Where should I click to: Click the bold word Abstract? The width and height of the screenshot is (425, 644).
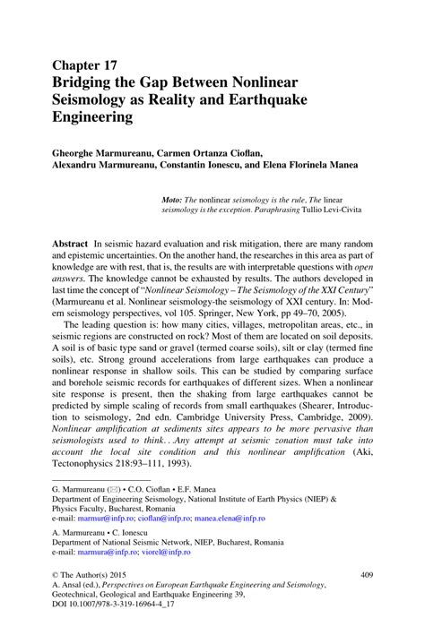point(69,244)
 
